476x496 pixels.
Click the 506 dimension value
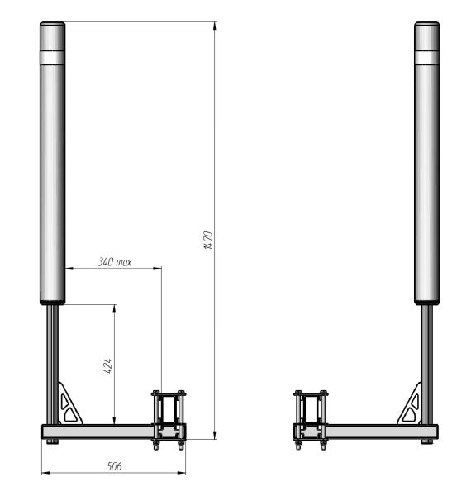pos(114,466)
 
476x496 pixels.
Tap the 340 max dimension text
pos(115,262)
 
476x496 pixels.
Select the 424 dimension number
pos(107,366)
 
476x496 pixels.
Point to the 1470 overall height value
pos(208,240)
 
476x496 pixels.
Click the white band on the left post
pos(53,58)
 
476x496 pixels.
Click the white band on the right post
pos(427,58)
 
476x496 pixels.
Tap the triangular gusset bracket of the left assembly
pos(69,404)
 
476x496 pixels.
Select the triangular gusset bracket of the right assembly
pos(411,404)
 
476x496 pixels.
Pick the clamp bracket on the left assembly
pos(169,419)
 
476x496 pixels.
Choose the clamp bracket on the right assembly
pos(311,419)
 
